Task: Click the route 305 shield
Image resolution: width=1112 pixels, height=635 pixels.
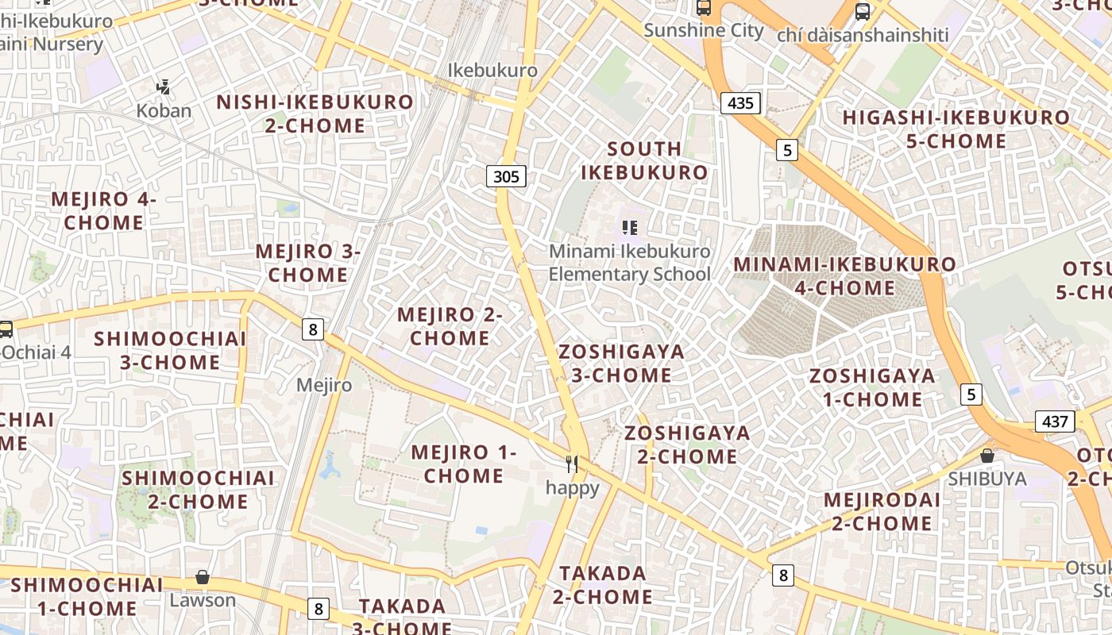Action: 506,176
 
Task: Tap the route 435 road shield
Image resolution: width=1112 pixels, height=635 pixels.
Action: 740,102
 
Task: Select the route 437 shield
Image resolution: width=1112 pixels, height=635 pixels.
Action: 1055,421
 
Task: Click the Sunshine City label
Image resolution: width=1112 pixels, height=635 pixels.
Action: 703,31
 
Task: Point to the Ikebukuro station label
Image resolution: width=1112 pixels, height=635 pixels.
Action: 492,70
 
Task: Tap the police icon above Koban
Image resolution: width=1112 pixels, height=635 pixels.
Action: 164,87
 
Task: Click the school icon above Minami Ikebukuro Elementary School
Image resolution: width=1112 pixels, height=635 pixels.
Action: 630,229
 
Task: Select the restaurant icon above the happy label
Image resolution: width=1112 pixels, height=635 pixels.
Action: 572,464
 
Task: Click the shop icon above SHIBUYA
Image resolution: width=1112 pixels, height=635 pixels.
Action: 987,456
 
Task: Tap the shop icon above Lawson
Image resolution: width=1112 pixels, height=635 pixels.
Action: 203,577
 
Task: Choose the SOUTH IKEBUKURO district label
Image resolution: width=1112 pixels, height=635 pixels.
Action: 644,160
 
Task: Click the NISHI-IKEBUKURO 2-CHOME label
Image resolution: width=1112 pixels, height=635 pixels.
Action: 315,114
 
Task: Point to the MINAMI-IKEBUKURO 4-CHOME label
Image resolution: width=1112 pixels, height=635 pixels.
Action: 844,275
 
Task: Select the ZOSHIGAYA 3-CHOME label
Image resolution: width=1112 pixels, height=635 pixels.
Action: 621,363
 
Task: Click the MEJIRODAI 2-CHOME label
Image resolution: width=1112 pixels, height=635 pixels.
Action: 882,512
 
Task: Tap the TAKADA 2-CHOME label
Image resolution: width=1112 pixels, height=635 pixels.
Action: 605,584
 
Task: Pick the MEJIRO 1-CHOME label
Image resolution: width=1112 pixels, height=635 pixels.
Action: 464,464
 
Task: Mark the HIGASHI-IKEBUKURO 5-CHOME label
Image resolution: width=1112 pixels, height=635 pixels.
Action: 956,129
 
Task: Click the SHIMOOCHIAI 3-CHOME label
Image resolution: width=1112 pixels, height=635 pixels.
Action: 170,350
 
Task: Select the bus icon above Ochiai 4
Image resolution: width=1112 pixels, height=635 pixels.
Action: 6,329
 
